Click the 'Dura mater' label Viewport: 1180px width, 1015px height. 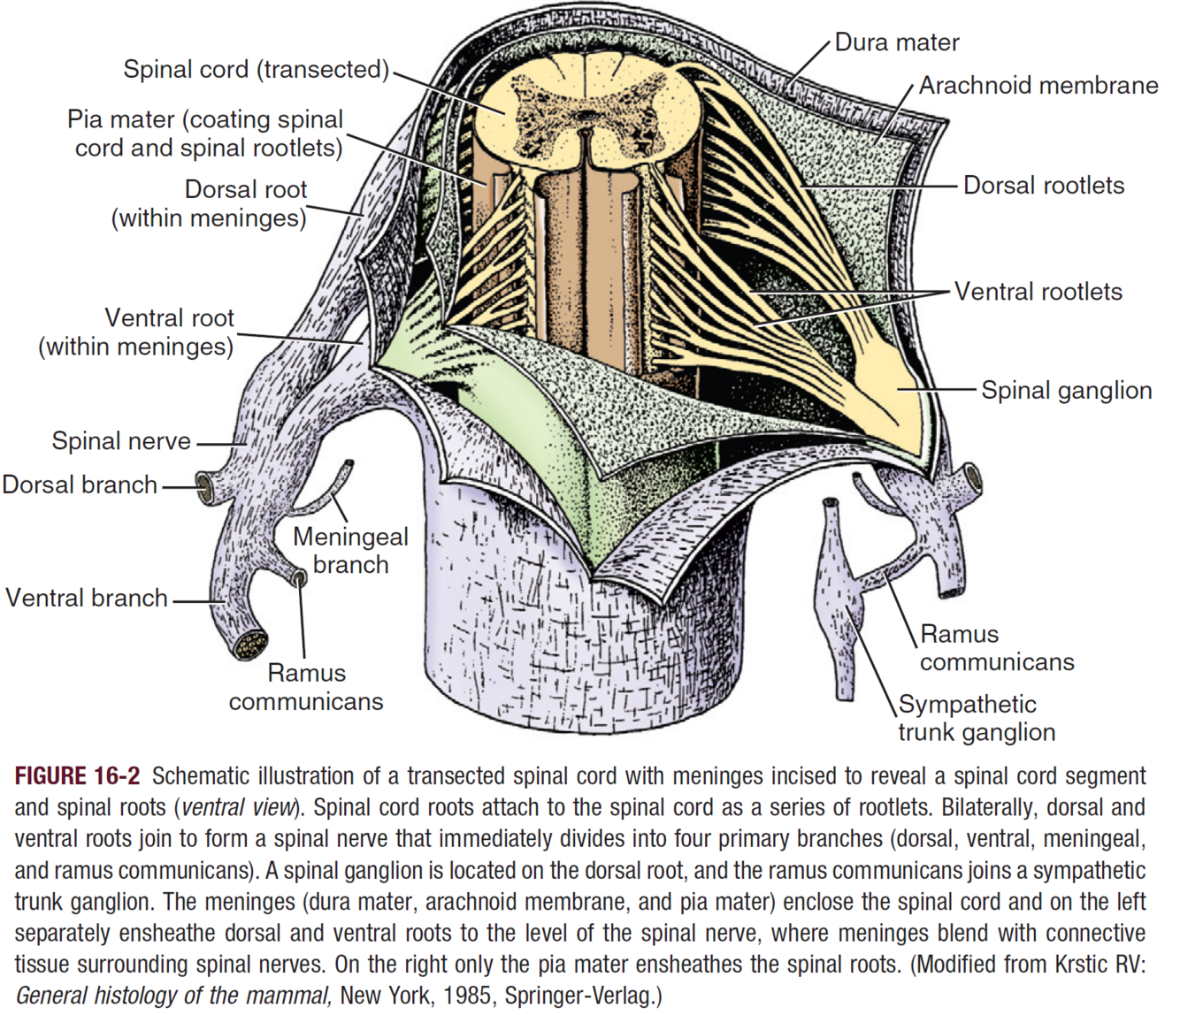[896, 42]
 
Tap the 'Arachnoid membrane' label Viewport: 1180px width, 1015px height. [1038, 85]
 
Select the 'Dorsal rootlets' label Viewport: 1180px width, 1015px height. [1044, 186]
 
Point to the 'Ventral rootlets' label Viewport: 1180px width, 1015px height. [1038, 292]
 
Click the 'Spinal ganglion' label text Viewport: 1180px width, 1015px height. [1066, 391]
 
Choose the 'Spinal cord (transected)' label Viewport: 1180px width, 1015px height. [256, 69]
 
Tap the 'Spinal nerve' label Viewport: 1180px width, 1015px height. [121, 441]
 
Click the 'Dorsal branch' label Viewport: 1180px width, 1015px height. [80, 485]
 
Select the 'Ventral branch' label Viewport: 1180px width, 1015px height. [87, 598]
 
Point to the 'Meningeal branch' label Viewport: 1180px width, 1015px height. [350, 550]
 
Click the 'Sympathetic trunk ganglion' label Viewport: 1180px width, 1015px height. [977, 718]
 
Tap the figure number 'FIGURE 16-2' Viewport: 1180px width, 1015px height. [78, 776]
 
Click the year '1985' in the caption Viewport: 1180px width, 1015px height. [468, 996]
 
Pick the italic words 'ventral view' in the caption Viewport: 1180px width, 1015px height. [237, 808]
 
